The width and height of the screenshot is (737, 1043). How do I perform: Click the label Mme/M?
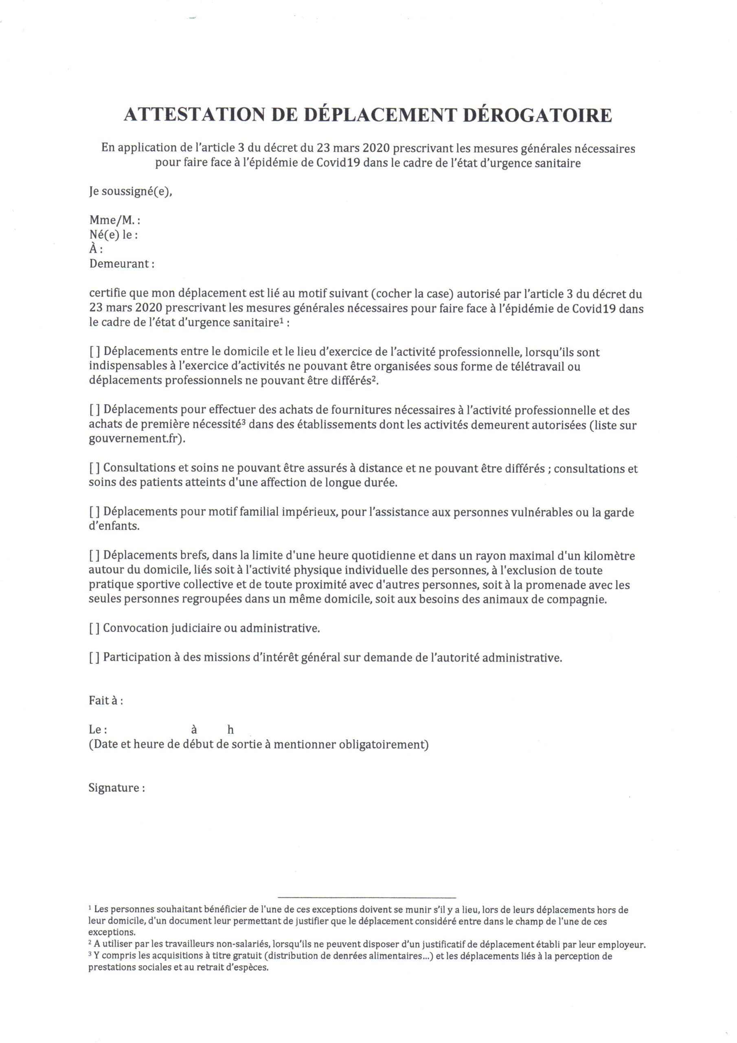[x=113, y=220]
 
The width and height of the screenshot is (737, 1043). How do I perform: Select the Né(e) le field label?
[x=113, y=235]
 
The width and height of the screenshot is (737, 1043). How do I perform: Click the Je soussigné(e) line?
[x=131, y=192]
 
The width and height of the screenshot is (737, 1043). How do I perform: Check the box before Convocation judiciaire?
[x=94, y=628]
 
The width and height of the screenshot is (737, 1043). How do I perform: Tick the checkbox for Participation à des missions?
[x=94, y=657]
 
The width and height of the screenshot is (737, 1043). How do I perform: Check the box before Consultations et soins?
[x=94, y=469]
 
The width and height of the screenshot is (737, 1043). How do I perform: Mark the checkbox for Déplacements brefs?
[x=94, y=556]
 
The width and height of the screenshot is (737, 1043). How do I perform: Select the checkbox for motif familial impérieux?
[x=94, y=512]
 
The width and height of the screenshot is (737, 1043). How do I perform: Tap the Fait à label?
[x=105, y=700]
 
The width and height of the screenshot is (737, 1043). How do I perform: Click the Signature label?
[x=116, y=788]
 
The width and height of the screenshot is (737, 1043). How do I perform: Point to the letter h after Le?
[x=231, y=730]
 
